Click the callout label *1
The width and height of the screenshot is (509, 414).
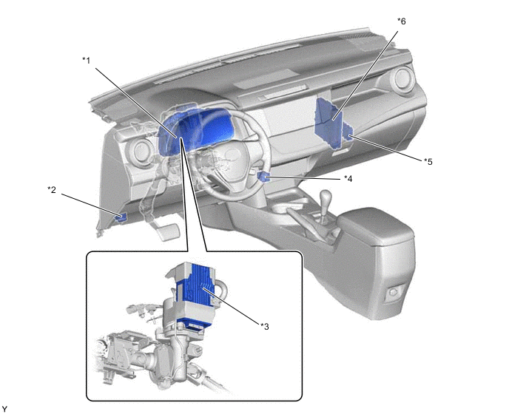pos(86,61)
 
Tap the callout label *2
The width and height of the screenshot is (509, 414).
pos(52,189)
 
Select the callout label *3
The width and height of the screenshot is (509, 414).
pos(265,327)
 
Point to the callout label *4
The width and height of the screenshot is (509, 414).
pos(348,178)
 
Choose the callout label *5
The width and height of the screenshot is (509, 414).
pos(428,161)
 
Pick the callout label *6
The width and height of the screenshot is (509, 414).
pos(402,21)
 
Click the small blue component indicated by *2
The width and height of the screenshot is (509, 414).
pos(121,217)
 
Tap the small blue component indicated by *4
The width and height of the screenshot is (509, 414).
pos(263,177)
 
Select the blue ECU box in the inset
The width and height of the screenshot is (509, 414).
pos(194,292)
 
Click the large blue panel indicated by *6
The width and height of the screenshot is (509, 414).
pos(328,123)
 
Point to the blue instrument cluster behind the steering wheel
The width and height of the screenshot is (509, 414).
pos(195,130)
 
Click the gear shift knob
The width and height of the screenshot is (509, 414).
pos(326,197)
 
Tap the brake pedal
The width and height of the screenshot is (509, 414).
pos(167,231)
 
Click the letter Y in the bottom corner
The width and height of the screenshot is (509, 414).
pos(4,409)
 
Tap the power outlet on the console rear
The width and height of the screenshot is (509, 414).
pos(393,292)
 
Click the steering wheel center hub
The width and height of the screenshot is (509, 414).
pos(227,159)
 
